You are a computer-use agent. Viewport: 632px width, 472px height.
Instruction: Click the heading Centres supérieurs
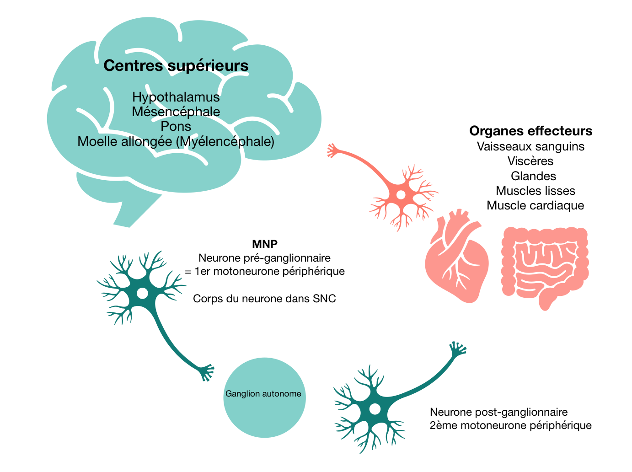click(x=176, y=66)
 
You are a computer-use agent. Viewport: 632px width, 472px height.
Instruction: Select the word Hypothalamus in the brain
click(x=176, y=97)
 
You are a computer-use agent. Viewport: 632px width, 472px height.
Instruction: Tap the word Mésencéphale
click(x=176, y=112)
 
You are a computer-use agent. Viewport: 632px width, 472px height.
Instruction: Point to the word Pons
click(x=176, y=126)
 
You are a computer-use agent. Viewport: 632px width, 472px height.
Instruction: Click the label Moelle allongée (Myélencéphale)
click(x=176, y=141)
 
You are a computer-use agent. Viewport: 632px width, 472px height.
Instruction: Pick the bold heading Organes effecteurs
click(x=530, y=131)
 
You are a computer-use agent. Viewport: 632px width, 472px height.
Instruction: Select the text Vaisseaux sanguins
click(x=530, y=146)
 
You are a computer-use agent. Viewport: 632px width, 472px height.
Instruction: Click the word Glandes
click(x=533, y=176)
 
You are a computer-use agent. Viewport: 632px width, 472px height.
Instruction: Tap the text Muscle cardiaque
click(x=535, y=205)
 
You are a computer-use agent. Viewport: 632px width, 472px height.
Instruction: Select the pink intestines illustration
click(x=544, y=265)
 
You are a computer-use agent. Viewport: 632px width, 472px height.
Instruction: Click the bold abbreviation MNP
click(x=265, y=244)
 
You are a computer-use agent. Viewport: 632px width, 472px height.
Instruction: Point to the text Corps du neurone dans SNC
click(x=264, y=299)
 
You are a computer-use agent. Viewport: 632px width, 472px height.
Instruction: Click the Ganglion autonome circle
click(x=264, y=397)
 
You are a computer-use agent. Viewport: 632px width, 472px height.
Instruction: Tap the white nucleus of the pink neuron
click(x=401, y=195)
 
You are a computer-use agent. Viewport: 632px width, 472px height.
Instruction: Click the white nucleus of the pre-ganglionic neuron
click(x=142, y=293)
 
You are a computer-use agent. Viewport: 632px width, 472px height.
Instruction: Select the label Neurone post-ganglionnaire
click(x=498, y=412)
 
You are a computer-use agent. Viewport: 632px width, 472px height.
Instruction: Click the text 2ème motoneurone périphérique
click(x=510, y=425)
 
